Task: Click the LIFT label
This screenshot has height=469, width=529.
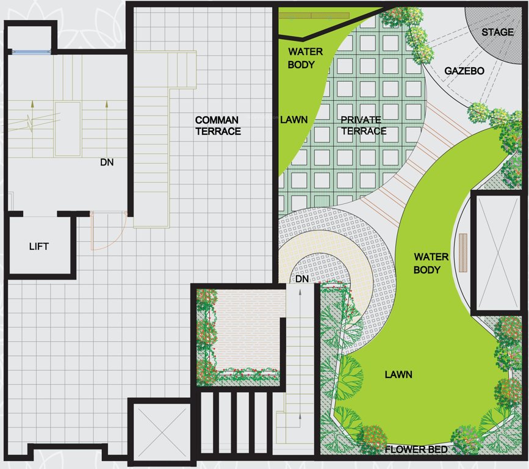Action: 38,247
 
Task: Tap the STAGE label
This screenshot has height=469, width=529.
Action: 497,32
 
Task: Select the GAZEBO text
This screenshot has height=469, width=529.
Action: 464,71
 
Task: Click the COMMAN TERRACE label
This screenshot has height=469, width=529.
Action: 218,125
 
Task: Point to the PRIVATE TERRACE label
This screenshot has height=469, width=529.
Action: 364,125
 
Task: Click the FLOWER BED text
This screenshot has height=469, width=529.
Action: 417,450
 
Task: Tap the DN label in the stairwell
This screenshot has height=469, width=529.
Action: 107,162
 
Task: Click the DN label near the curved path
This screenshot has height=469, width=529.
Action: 302,278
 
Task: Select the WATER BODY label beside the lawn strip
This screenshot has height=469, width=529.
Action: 301,58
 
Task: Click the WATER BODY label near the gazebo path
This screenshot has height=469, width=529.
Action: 431,263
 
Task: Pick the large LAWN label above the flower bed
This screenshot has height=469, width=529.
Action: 398,374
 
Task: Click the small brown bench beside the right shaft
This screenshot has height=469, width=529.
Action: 462,252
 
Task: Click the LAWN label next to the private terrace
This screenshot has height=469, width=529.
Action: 293,120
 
